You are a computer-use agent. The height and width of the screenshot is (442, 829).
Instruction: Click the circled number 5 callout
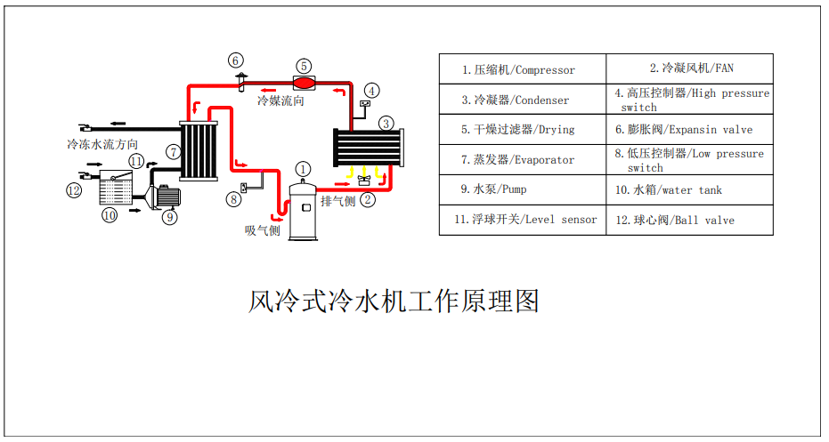tap(304, 65)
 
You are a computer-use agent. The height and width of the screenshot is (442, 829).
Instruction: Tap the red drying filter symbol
tap(304, 82)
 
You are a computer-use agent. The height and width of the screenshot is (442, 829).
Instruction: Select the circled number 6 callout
tap(236, 60)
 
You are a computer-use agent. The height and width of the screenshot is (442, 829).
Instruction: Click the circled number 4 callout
tap(372, 90)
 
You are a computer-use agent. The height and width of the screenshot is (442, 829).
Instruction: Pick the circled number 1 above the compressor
tap(304, 168)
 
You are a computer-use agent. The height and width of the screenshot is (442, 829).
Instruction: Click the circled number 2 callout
tap(368, 200)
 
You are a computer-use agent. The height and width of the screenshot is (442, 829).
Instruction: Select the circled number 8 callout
tap(233, 200)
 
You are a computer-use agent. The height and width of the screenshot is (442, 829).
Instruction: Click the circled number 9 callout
tap(169, 215)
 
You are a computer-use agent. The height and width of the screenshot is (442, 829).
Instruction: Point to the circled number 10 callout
tap(110, 215)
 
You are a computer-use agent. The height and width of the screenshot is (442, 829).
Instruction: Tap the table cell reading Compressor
tap(523, 69)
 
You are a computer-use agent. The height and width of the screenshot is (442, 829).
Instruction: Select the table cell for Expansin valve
tap(689, 129)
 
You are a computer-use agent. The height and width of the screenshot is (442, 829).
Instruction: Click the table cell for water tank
tap(689, 189)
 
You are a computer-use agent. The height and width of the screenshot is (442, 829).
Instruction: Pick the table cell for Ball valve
tap(689, 220)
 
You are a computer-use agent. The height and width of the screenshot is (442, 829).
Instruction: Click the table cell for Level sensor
tap(523, 220)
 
